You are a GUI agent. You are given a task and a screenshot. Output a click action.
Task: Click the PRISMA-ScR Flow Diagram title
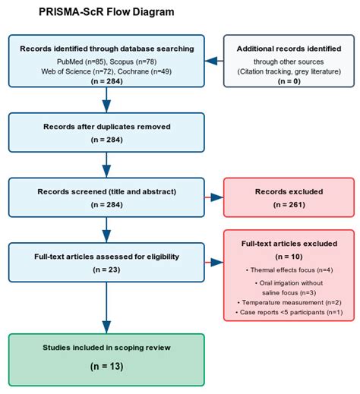point(106,12)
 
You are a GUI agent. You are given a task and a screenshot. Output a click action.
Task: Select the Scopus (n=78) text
point(133,61)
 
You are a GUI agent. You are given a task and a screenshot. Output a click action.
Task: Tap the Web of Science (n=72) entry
point(77,71)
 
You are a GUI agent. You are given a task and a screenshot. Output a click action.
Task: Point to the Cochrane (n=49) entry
point(144,71)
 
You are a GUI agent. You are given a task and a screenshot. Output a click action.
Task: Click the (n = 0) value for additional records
point(289,81)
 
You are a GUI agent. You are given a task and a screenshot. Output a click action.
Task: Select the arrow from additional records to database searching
point(214,61)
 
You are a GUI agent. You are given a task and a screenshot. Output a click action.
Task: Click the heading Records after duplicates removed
point(106,127)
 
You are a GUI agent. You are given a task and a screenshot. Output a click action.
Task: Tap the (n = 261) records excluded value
point(289,204)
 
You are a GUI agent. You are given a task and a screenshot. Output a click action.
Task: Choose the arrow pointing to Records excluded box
point(214,197)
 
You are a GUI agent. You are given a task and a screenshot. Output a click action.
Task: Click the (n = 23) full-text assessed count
point(106,269)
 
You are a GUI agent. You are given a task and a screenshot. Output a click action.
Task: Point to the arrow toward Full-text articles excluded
point(214,263)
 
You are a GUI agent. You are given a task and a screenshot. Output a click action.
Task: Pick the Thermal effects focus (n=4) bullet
point(289,270)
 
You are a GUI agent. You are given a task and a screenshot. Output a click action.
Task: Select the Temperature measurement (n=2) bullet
point(289,302)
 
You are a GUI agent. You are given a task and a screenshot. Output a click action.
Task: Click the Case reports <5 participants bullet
point(289,312)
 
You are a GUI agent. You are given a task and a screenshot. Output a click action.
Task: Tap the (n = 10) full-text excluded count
point(289,257)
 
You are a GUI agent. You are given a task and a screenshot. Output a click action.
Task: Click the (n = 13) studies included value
point(106,366)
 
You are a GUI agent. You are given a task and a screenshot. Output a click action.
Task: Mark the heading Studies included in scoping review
point(106,348)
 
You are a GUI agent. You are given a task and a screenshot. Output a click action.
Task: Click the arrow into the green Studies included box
point(106,308)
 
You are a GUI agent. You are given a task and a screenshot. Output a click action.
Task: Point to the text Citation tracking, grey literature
point(289,71)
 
